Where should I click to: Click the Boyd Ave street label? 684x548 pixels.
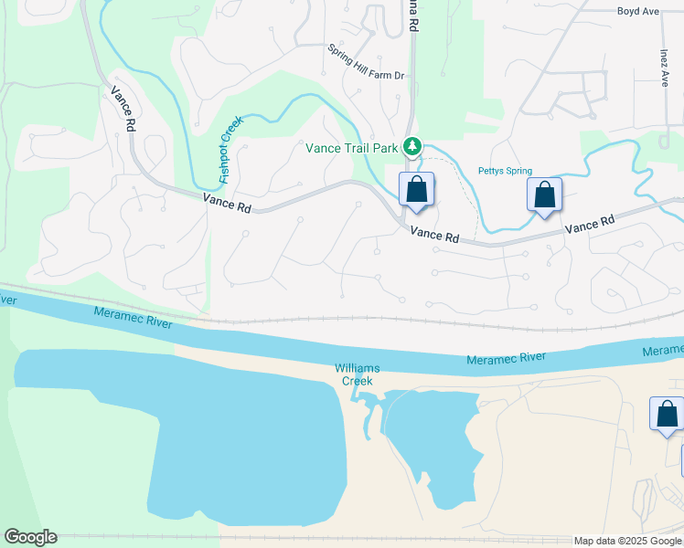pyautogui.click(x=637, y=12)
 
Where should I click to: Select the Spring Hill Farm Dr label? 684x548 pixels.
pyautogui.click(x=366, y=74)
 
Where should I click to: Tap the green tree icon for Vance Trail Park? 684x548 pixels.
pyautogui.click(x=412, y=146)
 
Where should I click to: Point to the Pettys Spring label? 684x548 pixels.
pyautogui.click(x=505, y=171)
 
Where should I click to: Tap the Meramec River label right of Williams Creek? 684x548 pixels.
pyautogui.click(x=506, y=358)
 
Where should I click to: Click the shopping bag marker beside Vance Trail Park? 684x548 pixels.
pyautogui.click(x=416, y=190)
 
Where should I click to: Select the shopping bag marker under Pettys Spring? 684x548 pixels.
pyautogui.click(x=544, y=195)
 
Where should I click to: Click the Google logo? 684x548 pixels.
pyautogui.click(x=30, y=537)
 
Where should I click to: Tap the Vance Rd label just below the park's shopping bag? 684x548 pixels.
pyautogui.click(x=433, y=235)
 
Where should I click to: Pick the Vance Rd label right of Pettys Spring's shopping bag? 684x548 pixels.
pyautogui.click(x=589, y=225)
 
